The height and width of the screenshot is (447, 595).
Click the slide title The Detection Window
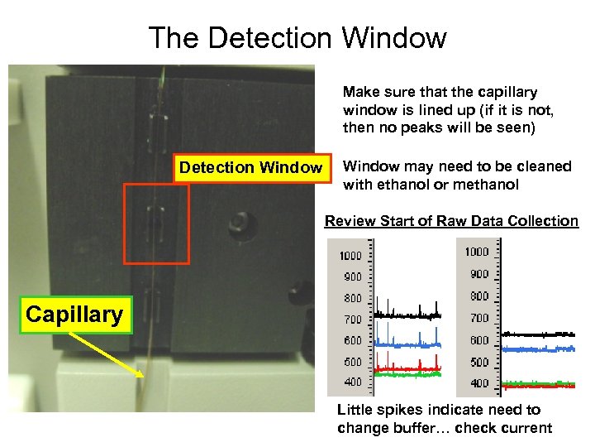pyautogui.click(x=297, y=37)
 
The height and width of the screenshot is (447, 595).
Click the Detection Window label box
pyautogui.click(x=251, y=168)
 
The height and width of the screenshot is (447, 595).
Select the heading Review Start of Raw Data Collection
pyautogui.click(x=451, y=221)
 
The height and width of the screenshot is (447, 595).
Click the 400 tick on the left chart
pyautogui.click(x=353, y=382)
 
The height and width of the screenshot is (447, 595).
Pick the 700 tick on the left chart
pyautogui.click(x=353, y=319)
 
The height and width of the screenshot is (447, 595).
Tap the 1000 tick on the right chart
pyautogui.click(x=477, y=252)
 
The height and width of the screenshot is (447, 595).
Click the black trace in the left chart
pyautogui.click(x=409, y=315)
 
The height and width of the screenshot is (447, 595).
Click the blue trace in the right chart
pyautogui.click(x=537, y=349)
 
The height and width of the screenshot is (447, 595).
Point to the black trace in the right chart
pyautogui.click(x=537, y=334)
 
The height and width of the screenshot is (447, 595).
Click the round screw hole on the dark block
pyautogui.click(x=240, y=222)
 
